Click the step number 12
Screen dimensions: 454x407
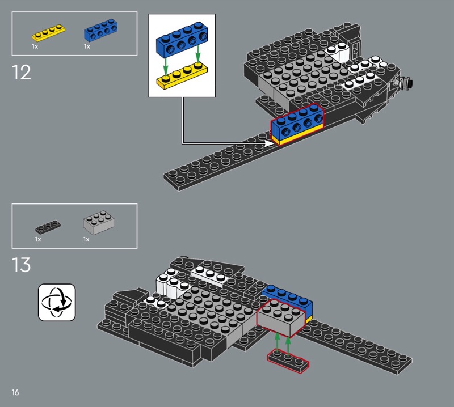click(21, 73)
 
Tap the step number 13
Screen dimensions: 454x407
click(21, 265)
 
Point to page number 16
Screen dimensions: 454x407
click(15, 392)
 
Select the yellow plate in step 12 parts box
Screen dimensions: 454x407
click(48, 33)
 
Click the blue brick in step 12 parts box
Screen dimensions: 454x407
click(101, 30)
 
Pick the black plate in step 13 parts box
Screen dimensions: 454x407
click(48, 227)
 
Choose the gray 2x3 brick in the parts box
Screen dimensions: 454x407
click(98, 222)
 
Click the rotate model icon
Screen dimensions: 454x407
click(57, 302)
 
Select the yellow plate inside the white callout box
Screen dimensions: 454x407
click(182, 76)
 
